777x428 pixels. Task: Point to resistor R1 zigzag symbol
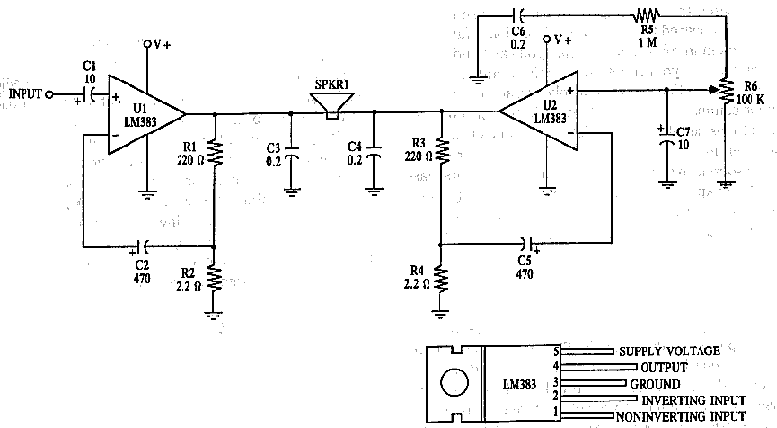point(215,152)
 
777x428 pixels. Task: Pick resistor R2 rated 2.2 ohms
point(215,279)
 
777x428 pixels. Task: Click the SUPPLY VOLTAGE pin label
point(669,350)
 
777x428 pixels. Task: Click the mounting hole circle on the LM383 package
point(453,383)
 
